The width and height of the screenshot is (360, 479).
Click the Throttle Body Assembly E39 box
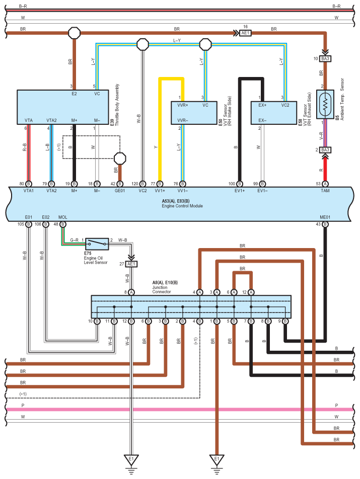coord(62,107)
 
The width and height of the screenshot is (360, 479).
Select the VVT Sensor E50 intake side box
coord(194,113)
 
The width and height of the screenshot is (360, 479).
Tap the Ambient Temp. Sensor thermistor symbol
coord(325,104)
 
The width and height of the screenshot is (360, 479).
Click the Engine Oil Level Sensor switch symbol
coord(97,244)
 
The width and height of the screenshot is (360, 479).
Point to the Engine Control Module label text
coord(182,206)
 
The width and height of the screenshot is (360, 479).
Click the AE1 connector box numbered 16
coord(245,33)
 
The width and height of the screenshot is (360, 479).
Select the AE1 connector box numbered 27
coord(131,264)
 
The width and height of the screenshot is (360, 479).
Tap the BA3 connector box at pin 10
coord(325,59)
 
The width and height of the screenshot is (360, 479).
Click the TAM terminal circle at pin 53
coord(325,184)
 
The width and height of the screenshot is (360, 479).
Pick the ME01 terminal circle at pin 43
coord(325,224)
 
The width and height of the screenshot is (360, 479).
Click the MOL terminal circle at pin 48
coord(62,224)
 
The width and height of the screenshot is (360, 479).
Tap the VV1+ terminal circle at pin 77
coord(160,184)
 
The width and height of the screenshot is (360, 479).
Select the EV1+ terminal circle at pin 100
coord(240,184)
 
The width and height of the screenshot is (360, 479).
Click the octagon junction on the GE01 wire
coord(120,158)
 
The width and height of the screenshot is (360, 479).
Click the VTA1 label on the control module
coord(28,191)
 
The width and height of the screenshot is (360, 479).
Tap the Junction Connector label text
coord(162,290)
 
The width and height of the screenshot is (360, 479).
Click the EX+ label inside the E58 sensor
coord(262,105)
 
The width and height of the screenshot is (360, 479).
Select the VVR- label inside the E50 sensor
coord(182,120)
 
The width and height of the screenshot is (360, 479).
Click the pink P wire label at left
coord(23,406)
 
